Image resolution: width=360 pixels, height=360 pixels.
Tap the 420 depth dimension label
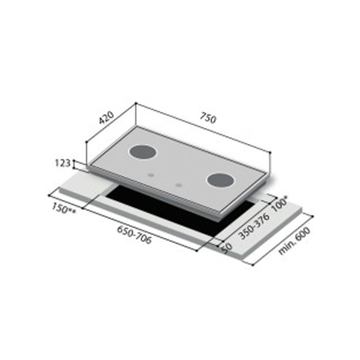(107, 118)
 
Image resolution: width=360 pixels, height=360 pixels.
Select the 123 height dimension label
(63, 163)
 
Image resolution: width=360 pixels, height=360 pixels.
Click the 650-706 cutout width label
(134, 235)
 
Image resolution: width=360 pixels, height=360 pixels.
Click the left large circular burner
(143, 152)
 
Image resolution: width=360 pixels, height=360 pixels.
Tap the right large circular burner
(220, 181)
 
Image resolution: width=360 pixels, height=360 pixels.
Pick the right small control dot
(179, 185)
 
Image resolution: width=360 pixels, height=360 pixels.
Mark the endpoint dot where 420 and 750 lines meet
(136, 103)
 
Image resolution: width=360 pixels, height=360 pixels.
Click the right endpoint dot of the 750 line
(270, 153)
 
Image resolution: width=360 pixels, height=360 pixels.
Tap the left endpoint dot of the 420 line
(87, 142)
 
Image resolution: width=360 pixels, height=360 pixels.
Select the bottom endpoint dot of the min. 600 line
(253, 265)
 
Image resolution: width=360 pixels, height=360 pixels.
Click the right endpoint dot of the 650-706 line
(196, 251)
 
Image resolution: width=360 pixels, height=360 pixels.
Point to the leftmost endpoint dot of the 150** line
(49, 195)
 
